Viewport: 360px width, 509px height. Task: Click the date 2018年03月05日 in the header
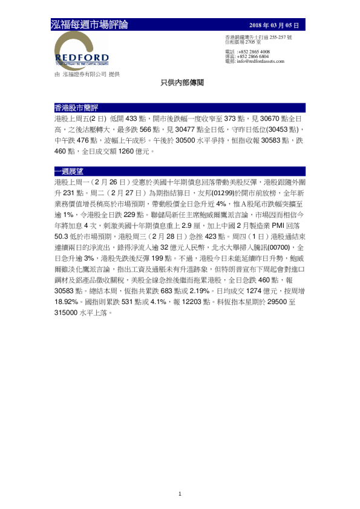(x=274, y=25)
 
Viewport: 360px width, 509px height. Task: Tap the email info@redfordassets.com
(x=263, y=62)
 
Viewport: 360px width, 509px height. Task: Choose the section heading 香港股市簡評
(x=71, y=107)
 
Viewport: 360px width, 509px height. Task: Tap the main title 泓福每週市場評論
(x=90, y=25)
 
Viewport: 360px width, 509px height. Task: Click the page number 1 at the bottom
(x=180, y=494)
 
